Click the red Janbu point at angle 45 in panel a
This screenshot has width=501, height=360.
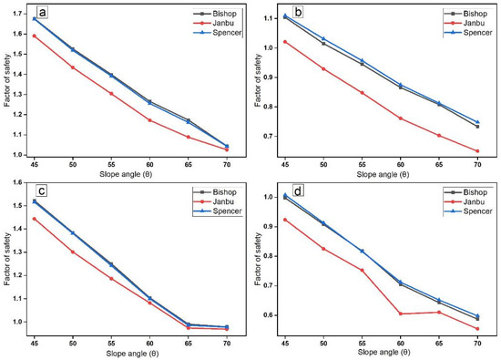tap(34, 36)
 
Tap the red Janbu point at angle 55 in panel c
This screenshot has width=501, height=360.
tap(111, 278)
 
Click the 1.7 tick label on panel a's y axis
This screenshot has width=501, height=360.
tap(18, 12)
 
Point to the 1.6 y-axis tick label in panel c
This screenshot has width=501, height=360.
tap(18, 183)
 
